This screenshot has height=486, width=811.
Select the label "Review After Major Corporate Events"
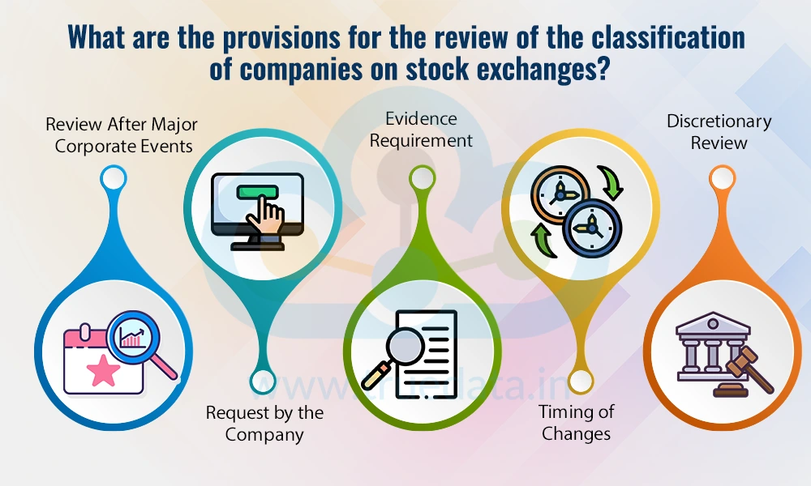pos(121,135)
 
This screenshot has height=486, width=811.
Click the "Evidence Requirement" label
pos(422,130)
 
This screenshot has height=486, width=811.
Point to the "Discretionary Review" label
pos(719,132)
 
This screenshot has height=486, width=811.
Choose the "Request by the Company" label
pos(264,424)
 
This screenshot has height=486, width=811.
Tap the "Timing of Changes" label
pos(577,422)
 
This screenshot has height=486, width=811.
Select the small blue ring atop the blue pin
pos(114,177)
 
